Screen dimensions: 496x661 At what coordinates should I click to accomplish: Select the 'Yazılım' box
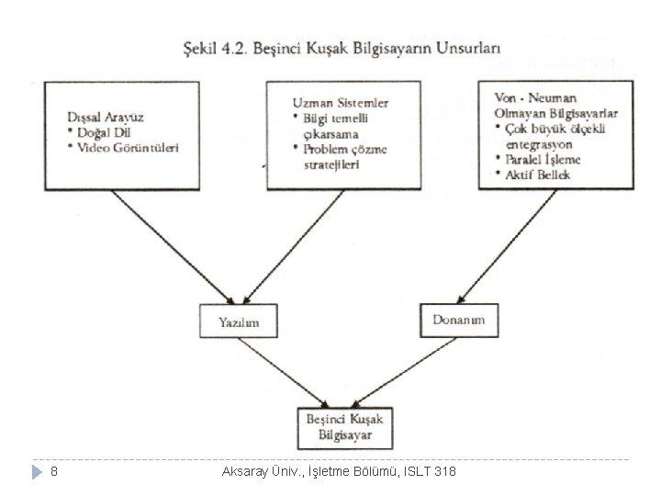(x=238, y=321)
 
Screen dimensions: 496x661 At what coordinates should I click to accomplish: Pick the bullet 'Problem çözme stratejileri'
(x=341, y=157)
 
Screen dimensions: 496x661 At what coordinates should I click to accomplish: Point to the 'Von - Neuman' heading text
(x=523, y=99)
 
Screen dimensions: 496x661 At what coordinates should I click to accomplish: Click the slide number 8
(x=54, y=472)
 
